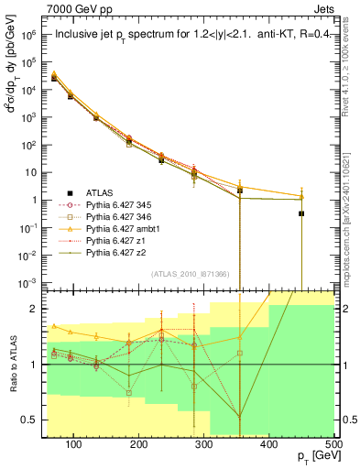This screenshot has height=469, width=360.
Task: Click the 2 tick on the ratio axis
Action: coord(38,309)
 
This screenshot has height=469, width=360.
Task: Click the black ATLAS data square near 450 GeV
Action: coord(301,213)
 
